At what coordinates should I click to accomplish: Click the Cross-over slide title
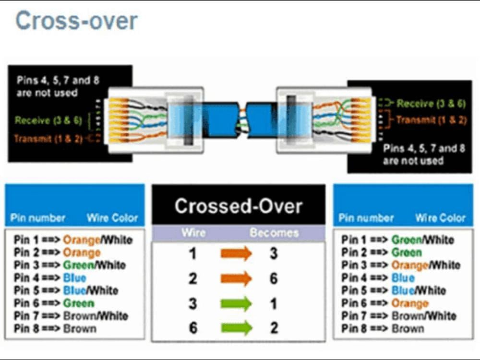point(76,22)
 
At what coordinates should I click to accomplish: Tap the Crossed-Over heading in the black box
point(239,206)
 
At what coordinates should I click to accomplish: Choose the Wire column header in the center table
point(194,233)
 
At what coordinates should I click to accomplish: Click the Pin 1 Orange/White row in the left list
point(73,240)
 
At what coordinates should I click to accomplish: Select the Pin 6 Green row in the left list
point(54,303)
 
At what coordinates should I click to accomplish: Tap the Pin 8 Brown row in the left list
point(55,329)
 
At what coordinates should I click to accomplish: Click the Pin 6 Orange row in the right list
point(384,303)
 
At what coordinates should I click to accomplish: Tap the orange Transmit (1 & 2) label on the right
point(431,120)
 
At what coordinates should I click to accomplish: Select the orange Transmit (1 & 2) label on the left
point(47,139)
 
